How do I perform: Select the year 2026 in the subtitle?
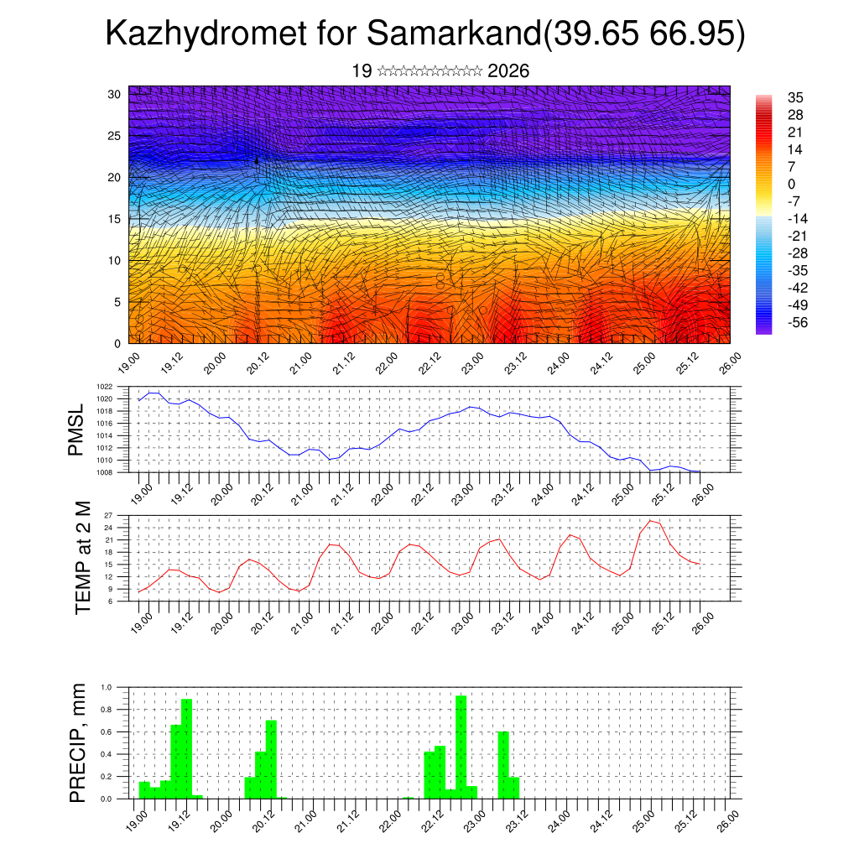pyautogui.click(x=508, y=71)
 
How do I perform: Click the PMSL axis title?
pyautogui.click(x=76, y=430)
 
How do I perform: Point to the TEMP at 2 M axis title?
pyautogui.click(x=82, y=557)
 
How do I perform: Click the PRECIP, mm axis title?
pyautogui.click(x=78, y=742)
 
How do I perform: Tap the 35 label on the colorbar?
pyautogui.click(x=794, y=97)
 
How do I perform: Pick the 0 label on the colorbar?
pyautogui.click(x=791, y=184)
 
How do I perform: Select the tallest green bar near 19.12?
pyautogui.click(x=187, y=748)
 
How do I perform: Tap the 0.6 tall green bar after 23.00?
pyautogui.click(x=503, y=764)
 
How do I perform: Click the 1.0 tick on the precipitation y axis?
pyautogui.click(x=107, y=687)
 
